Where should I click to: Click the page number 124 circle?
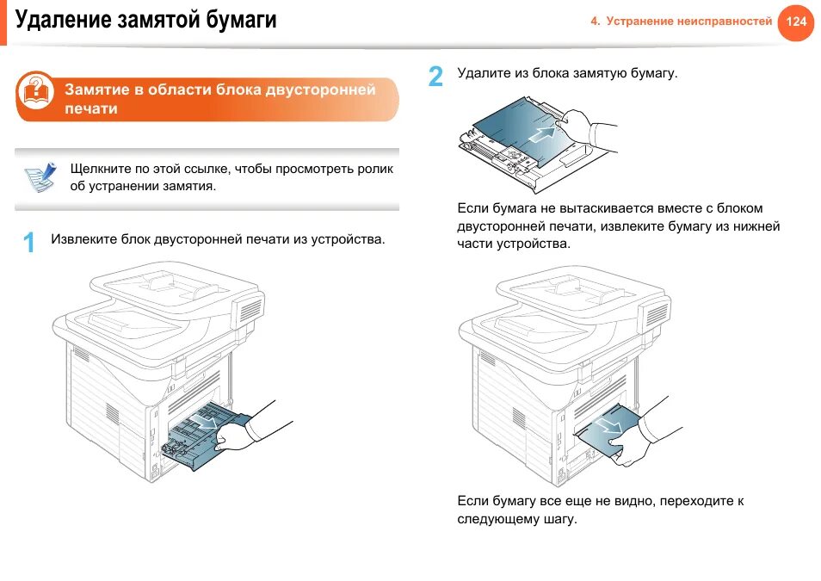click(x=796, y=22)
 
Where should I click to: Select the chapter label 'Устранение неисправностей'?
click(x=688, y=22)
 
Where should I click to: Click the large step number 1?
click(x=28, y=243)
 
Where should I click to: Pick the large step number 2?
click(x=436, y=77)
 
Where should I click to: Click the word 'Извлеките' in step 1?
click(x=83, y=239)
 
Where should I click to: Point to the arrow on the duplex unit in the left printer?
click(x=207, y=421)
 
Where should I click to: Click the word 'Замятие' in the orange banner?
click(x=95, y=90)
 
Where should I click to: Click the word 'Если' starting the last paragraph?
click(x=472, y=500)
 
